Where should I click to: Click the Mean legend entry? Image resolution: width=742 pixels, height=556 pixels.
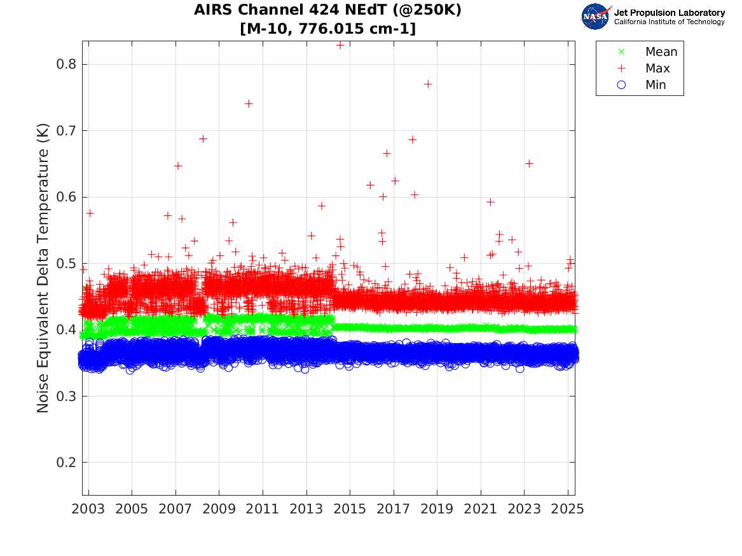click(661, 52)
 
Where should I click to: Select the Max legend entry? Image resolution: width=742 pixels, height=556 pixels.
click(657, 69)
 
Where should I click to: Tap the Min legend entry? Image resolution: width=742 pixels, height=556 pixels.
click(656, 85)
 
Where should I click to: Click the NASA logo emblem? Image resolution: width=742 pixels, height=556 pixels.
click(596, 17)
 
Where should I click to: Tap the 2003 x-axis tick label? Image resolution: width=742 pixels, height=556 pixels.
click(88, 509)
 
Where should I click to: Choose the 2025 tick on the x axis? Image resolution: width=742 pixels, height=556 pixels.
click(568, 509)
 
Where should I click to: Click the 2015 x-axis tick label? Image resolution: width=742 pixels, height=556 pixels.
click(350, 509)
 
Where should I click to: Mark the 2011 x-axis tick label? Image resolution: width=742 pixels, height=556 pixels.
click(263, 509)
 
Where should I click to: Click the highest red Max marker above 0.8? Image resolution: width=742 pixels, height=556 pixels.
click(340, 45)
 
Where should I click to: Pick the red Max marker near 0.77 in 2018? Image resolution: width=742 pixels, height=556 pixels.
click(428, 84)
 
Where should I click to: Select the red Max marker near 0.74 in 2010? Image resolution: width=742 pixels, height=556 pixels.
click(249, 104)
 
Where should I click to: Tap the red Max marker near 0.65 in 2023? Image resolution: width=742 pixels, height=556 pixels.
click(529, 163)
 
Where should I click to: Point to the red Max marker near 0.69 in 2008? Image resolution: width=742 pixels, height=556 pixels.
click(203, 139)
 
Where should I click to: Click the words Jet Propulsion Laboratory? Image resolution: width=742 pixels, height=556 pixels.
click(669, 13)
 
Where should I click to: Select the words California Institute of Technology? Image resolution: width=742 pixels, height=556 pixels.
click(669, 22)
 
